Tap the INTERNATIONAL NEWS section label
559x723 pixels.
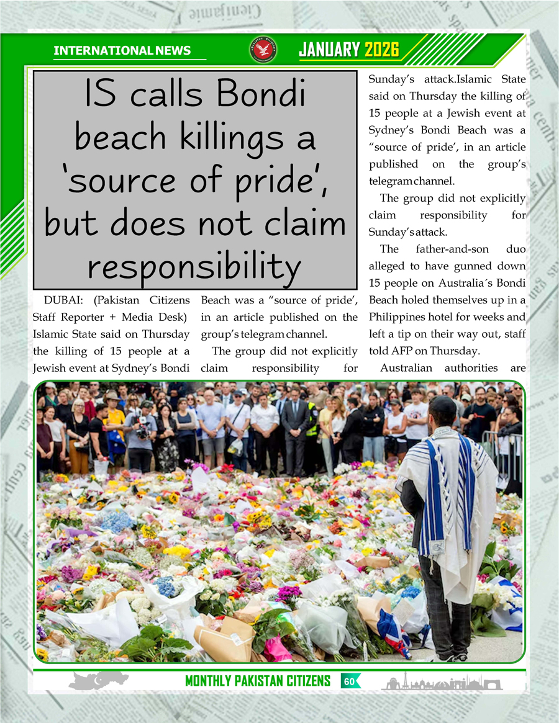coord(122,51)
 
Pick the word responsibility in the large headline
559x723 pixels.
coord(194,266)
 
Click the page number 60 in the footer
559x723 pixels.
coord(349,681)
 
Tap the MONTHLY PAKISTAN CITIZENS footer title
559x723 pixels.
coord(258,681)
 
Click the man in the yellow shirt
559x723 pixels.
coord(116,422)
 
